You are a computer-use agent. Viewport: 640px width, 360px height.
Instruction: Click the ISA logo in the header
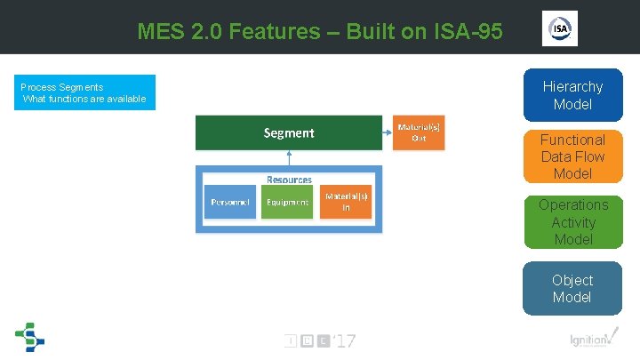click(x=560, y=29)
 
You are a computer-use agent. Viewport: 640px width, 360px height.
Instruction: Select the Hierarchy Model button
click(x=572, y=95)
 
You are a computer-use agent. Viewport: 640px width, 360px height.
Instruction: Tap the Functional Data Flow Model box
click(x=572, y=156)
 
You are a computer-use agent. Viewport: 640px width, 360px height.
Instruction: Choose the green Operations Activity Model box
click(x=572, y=221)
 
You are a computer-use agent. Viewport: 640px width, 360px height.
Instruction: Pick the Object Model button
click(x=572, y=288)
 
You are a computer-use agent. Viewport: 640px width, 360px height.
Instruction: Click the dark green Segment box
click(x=289, y=133)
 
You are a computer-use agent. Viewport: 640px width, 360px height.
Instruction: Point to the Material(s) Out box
click(x=418, y=133)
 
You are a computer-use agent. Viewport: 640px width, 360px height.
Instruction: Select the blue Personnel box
click(x=230, y=202)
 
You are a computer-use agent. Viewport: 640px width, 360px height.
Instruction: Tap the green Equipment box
click(x=288, y=202)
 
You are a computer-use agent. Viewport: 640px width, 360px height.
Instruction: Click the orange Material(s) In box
click(x=346, y=202)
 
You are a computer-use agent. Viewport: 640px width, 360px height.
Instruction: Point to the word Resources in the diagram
click(x=289, y=179)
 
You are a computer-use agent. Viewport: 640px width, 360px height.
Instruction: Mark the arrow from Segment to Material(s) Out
click(x=387, y=133)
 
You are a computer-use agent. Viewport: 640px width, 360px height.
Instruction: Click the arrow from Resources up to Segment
click(x=289, y=158)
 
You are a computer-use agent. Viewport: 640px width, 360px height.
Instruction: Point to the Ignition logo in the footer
click(x=590, y=340)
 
